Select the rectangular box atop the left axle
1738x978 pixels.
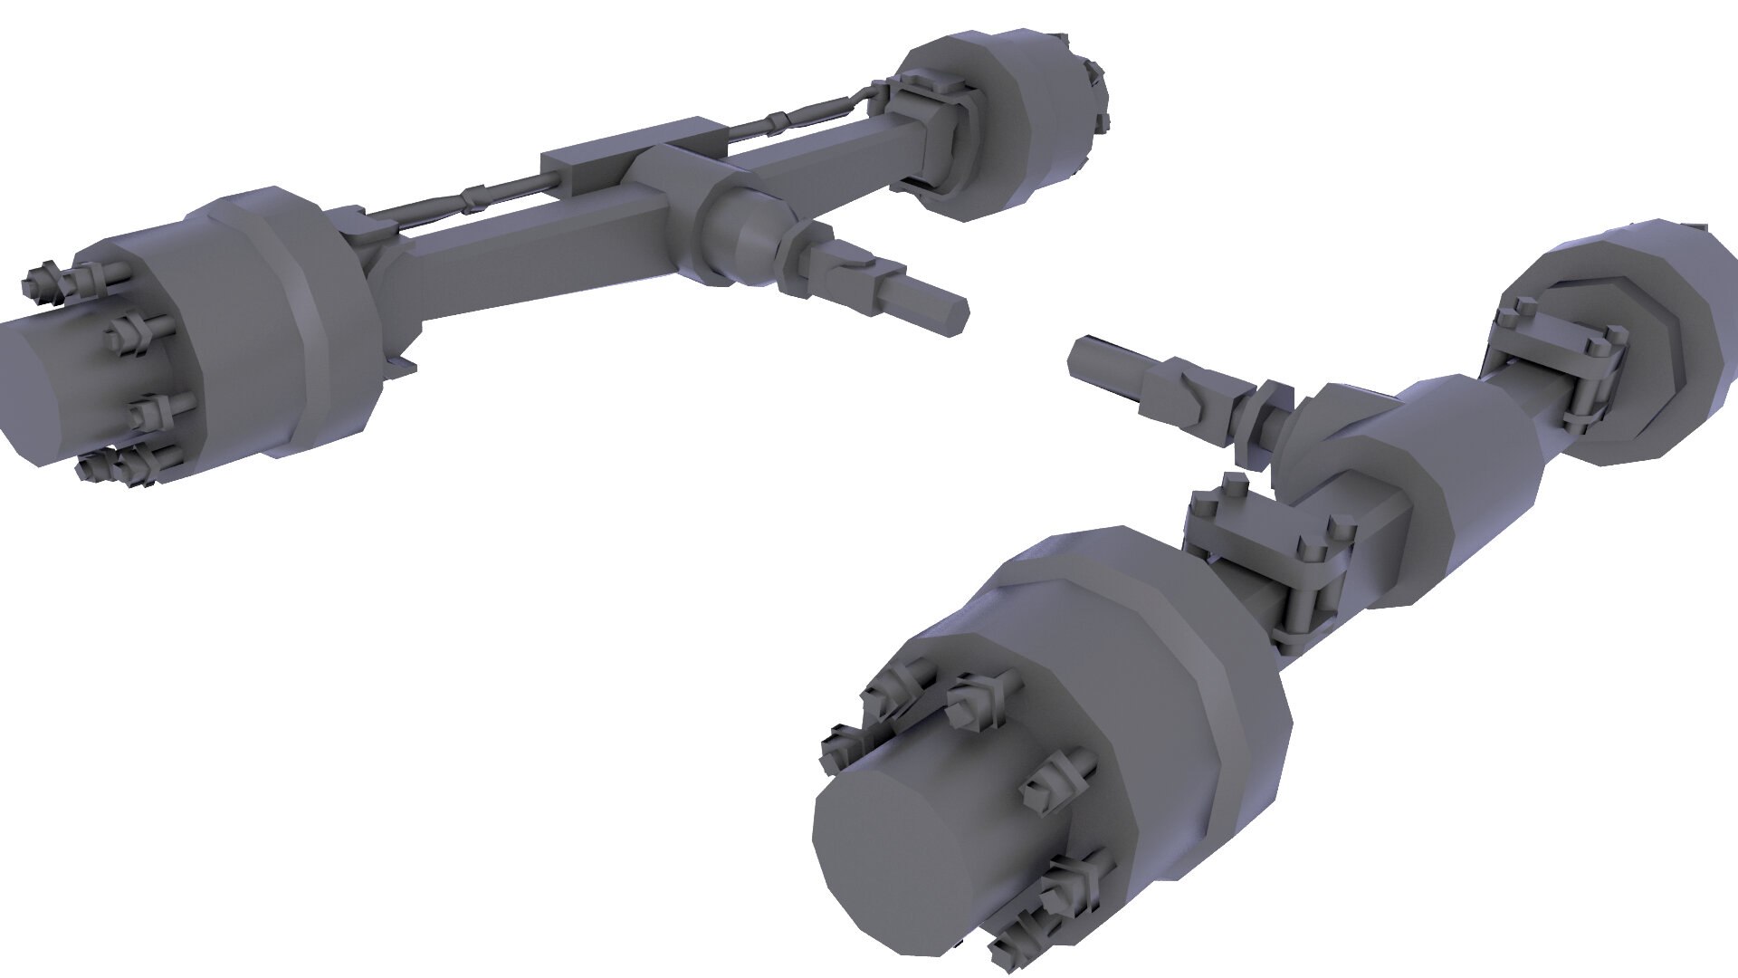588,163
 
